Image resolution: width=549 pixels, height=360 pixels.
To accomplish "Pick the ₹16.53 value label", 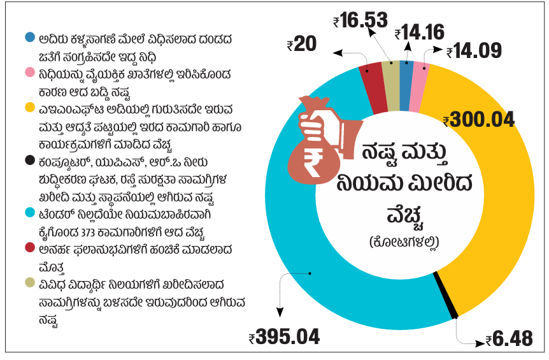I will point(360,20).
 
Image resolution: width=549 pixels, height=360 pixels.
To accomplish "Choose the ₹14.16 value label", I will point(419,32).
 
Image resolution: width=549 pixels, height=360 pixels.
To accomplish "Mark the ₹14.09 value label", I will point(474,51).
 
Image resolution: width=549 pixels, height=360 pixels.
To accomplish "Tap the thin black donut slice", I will point(446,295).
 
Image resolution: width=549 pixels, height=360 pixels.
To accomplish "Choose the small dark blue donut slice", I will point(406,74).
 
